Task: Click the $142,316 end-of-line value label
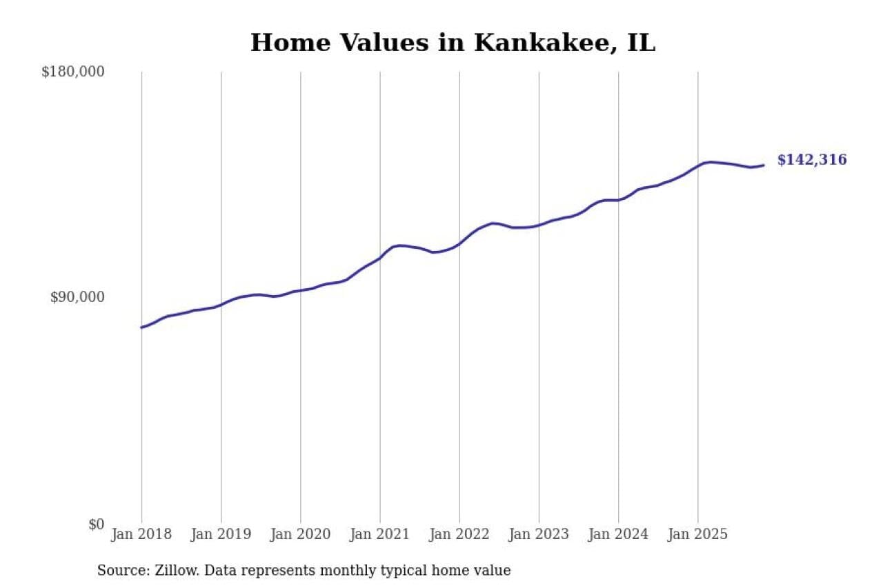pos(811,160)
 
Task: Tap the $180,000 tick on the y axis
pos(72,72)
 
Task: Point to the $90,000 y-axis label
pos(77,297)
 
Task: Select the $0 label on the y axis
pos(96,524)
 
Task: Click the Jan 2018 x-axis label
pos(141,534)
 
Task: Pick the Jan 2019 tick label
pos(221,534)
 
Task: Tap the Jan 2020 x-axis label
pos(300,534)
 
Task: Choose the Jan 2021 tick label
pos(379,534)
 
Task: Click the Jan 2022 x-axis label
pos(459,534)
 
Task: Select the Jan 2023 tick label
pos(539,534)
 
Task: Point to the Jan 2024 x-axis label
pos(618,534)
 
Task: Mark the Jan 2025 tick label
pos(697,534)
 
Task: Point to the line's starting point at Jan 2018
pos(141,327)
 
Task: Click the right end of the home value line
pos(763,165)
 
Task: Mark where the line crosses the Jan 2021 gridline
pos(380,257)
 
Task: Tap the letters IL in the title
pos(641,43)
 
